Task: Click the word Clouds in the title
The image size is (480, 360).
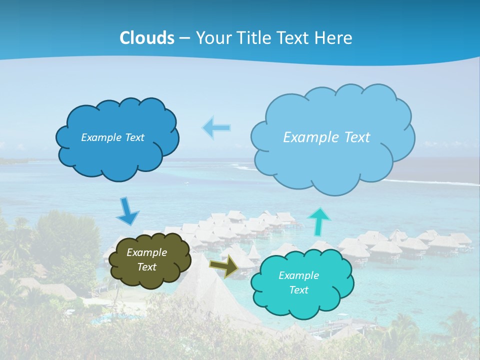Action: click(x=147, y=38)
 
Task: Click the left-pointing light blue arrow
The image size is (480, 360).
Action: click(x=216, y=127)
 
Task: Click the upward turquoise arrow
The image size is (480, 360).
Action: click(x=319, y=221)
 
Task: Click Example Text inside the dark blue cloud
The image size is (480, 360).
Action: click(x=112, y=137)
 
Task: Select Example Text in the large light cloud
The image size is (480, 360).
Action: click(x=326, y=137)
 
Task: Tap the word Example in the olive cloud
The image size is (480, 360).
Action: click(x=146, y=252)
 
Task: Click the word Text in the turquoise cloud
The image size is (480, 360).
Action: click(x=298, y=290)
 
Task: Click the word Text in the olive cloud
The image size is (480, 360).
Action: click(x=146, y=267)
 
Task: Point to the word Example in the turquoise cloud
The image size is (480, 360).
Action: click(x=298, y=275)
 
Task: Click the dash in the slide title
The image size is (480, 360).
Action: click(x=184, y=38)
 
